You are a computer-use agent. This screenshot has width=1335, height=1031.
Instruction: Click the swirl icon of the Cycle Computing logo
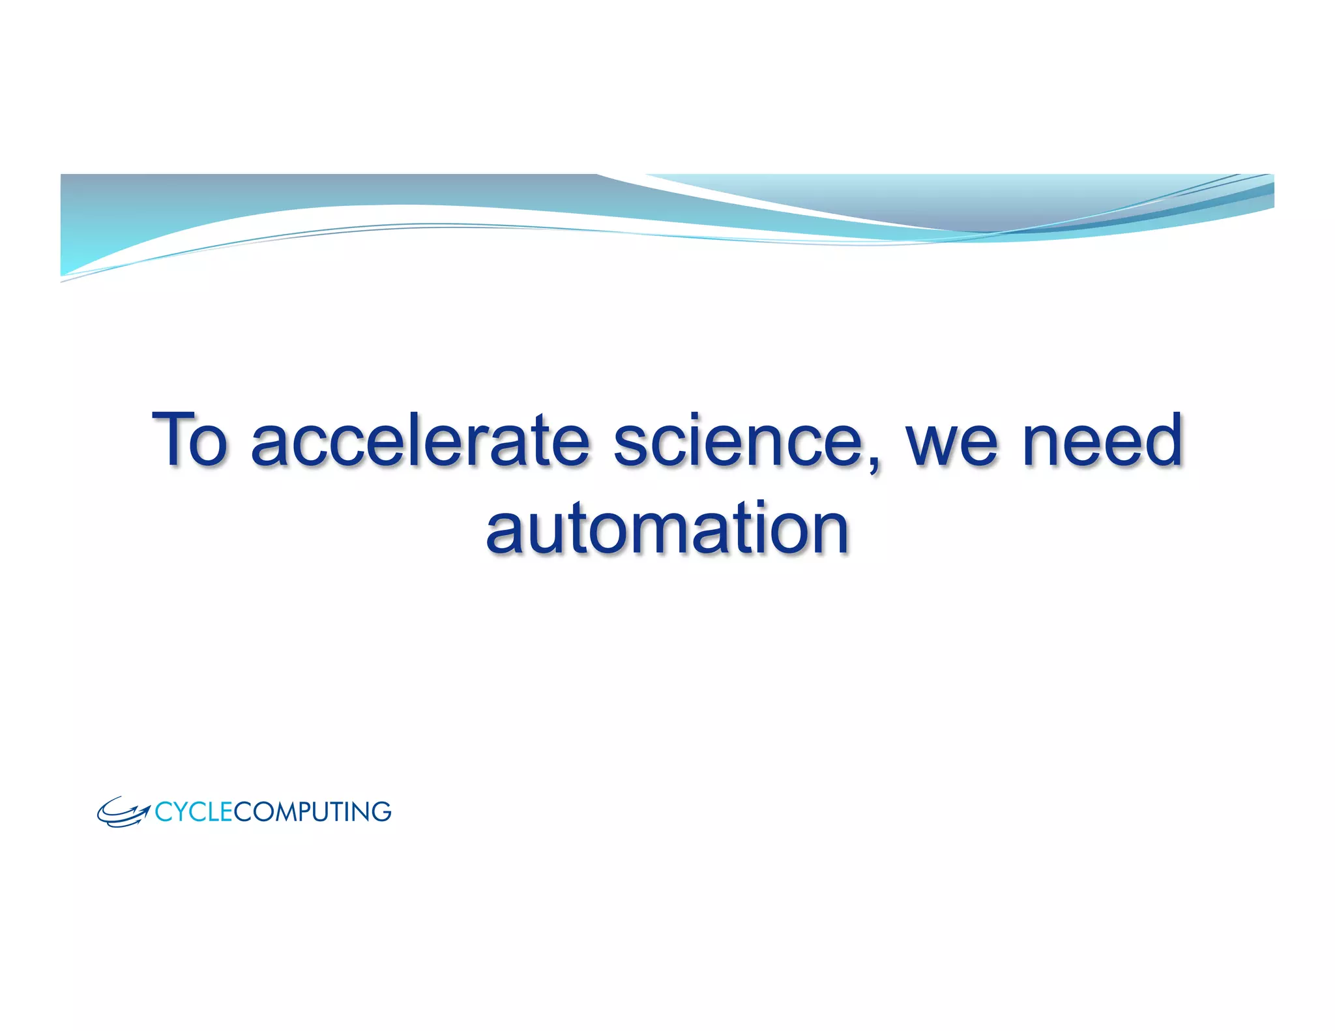point(123,812)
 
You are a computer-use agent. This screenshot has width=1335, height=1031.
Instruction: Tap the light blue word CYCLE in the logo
point(194,812)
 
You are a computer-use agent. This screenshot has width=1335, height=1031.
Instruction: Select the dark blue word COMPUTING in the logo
point(312,812)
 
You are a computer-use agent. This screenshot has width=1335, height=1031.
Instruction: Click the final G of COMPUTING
point(381,812)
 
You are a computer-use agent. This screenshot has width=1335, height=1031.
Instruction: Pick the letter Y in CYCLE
point(179,812)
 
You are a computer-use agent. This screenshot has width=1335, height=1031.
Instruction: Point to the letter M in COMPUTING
point(282,812)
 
